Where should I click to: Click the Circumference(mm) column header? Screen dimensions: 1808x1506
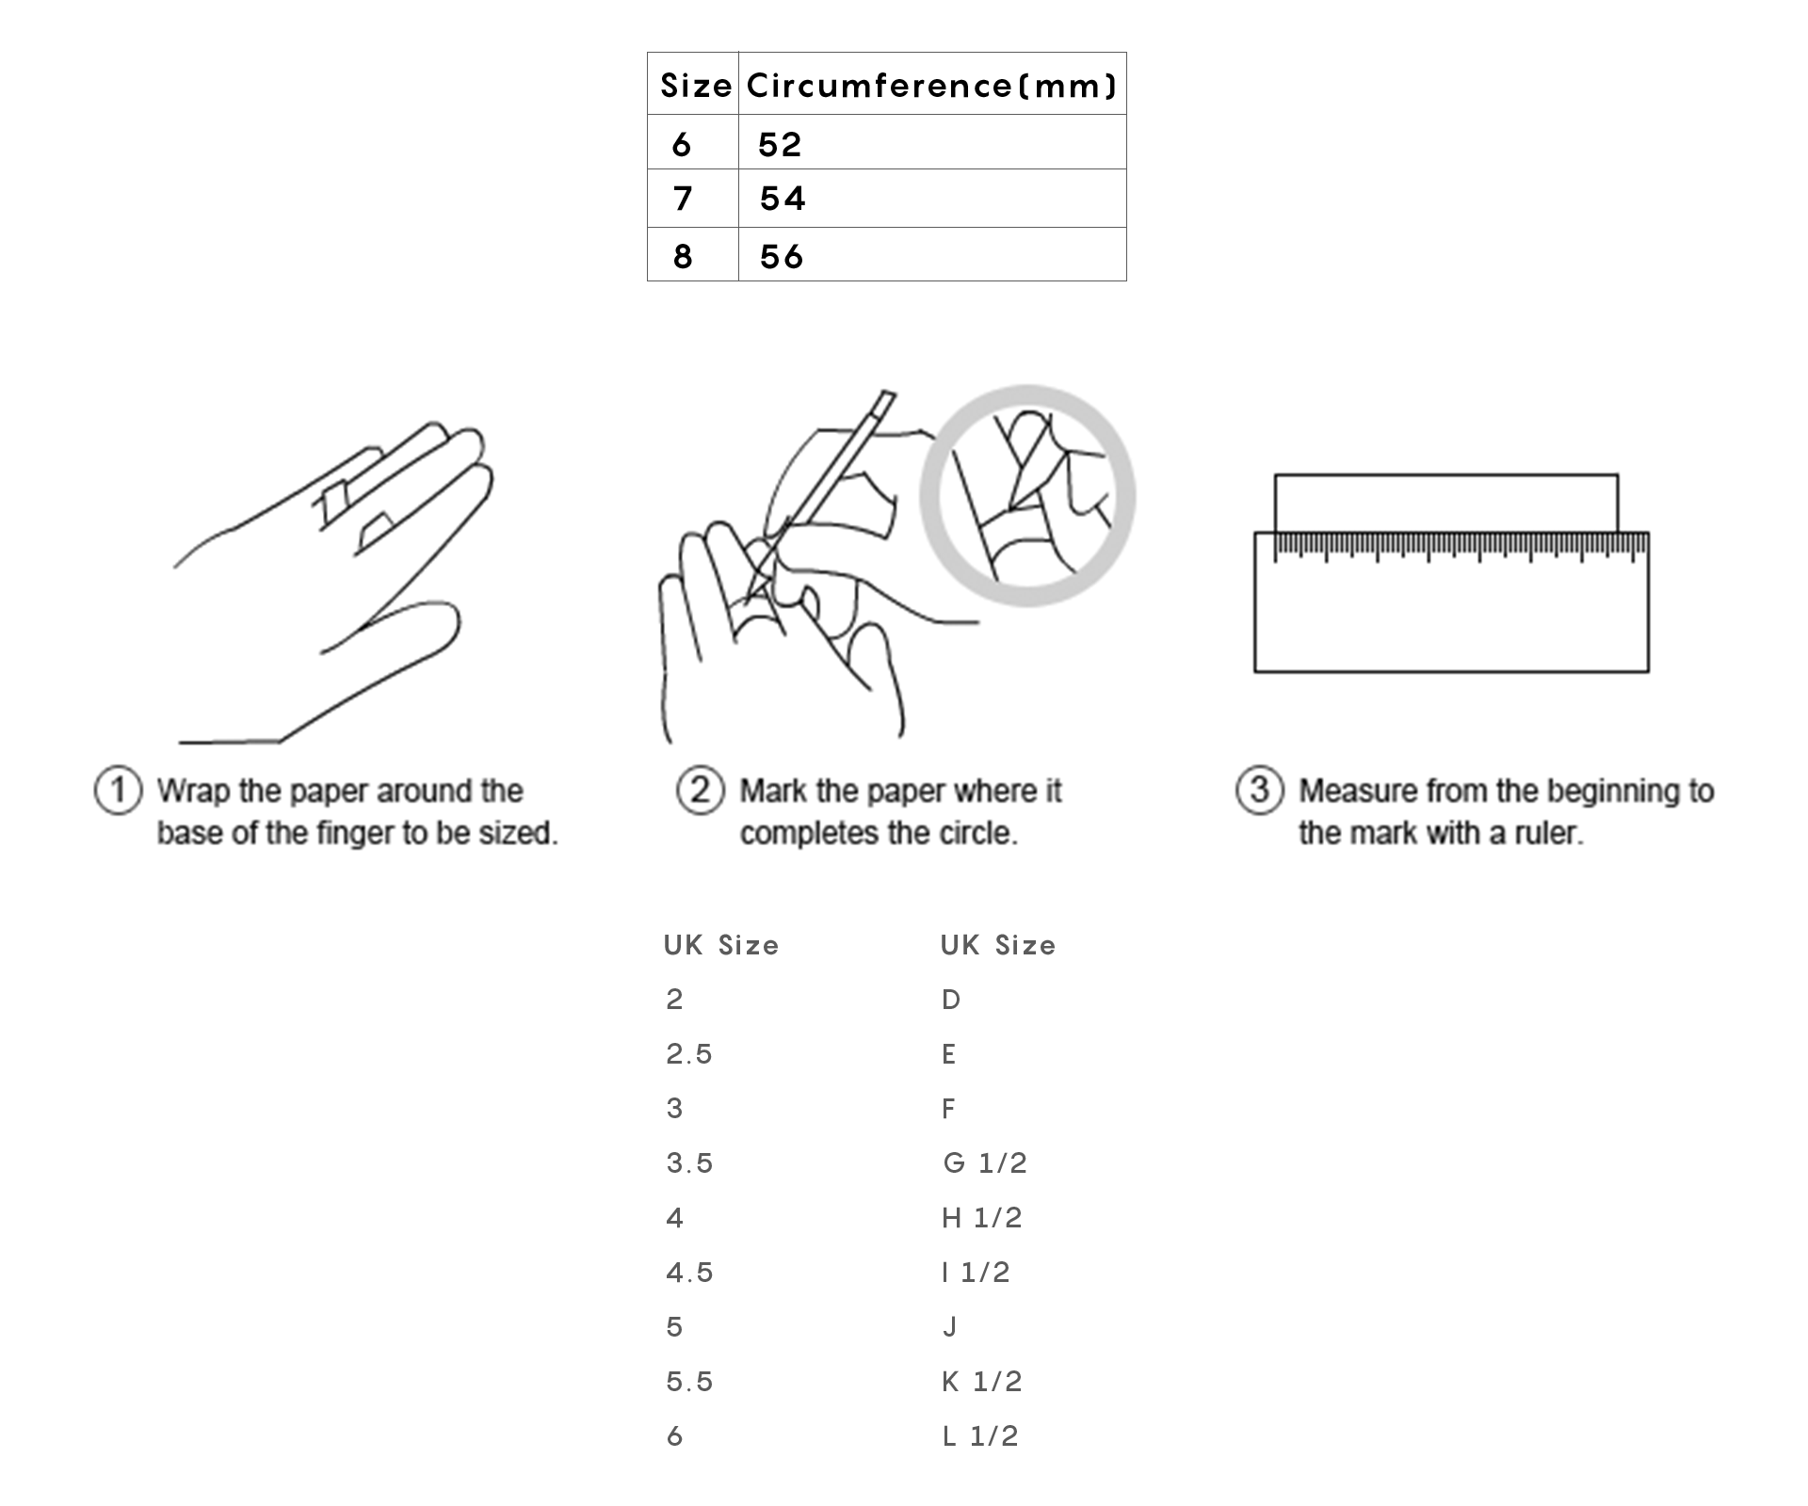tap(931, 86)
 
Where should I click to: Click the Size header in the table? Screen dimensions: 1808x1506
tap(696, 86)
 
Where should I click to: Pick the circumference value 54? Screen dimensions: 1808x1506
tap(783, 199)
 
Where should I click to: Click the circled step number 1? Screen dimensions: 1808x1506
tap(119, 791)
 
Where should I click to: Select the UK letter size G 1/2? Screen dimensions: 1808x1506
tap(985, 1163)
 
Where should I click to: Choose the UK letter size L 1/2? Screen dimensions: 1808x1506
tap(980, 1436)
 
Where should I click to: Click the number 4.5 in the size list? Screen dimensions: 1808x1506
tap(690, 1273)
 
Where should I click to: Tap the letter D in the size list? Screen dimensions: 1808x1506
tap(951, 1000)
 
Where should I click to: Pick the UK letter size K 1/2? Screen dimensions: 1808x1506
tap(982, 1382)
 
